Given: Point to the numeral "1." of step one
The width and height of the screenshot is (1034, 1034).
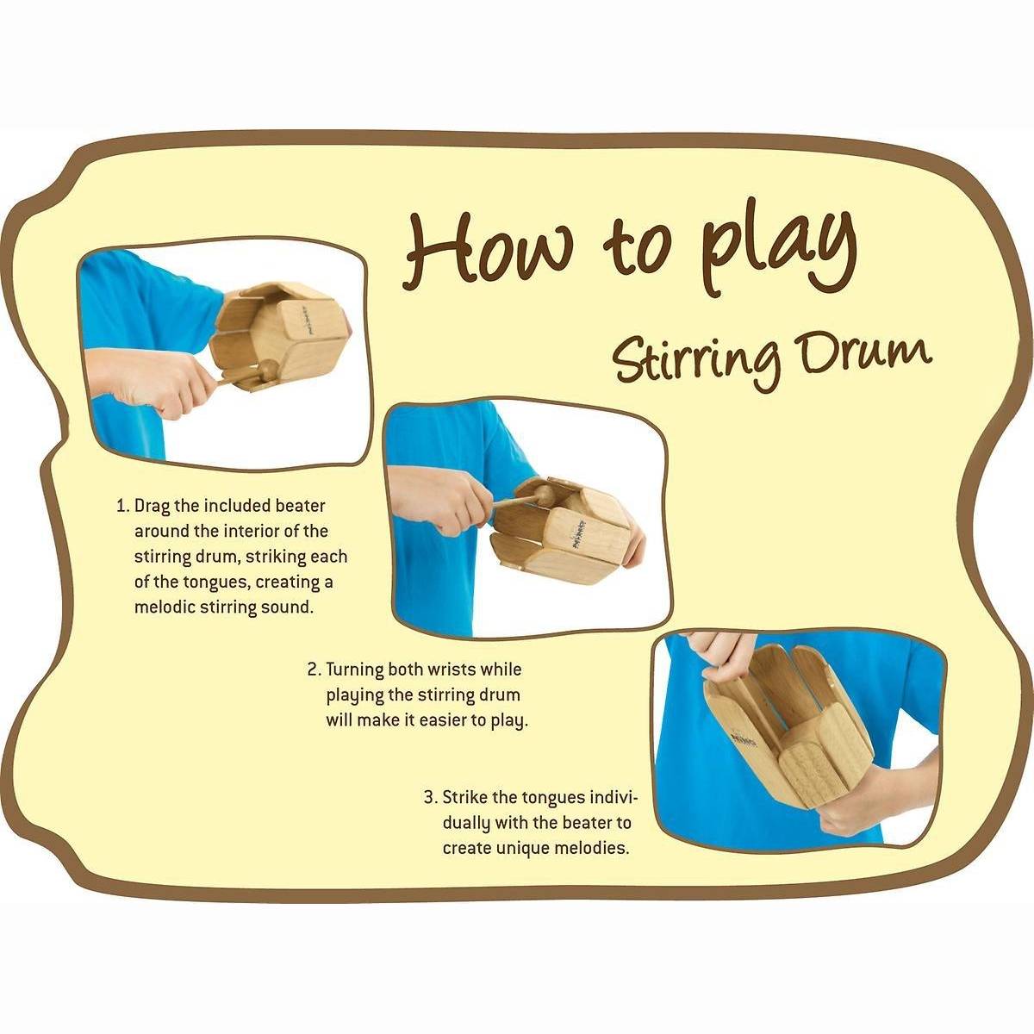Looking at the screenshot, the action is pyautogui.click(x=123, y=506).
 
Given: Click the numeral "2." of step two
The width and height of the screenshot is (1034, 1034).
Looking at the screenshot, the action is pyautogui.click(x=315, y=670).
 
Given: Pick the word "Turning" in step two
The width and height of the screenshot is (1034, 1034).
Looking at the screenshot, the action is pyautogui.click(x=355, y=670).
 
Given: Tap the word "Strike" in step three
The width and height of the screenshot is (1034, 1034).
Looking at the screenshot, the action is pyautogui.click(x=465, y=797).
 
